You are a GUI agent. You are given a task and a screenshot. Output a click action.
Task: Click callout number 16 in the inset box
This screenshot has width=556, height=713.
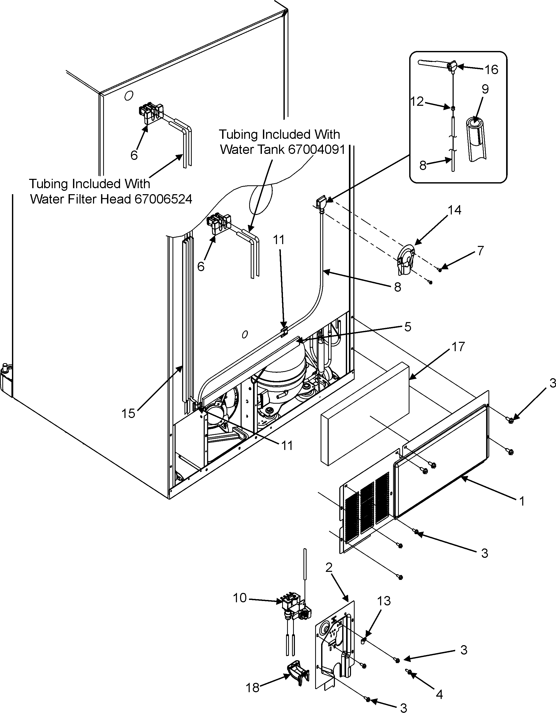click(491, 70)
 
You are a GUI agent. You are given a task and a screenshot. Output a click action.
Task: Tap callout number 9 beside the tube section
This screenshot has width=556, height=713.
click(485, 89)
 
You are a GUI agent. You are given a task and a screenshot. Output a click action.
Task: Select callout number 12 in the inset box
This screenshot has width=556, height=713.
click(417, 102)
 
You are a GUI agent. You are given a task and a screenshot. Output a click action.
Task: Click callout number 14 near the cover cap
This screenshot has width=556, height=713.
click(454, 210)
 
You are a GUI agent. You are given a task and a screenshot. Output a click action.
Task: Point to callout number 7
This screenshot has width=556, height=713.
click(480, 251)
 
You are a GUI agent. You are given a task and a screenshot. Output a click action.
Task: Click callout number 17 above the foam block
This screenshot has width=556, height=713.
click(458, 347)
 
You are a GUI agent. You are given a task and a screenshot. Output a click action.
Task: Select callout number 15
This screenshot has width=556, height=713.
click(128, 413)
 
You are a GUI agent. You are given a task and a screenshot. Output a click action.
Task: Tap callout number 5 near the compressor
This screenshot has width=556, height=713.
click(408, 327)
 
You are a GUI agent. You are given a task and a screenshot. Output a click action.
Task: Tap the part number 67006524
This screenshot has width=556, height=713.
click(163, 199)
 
